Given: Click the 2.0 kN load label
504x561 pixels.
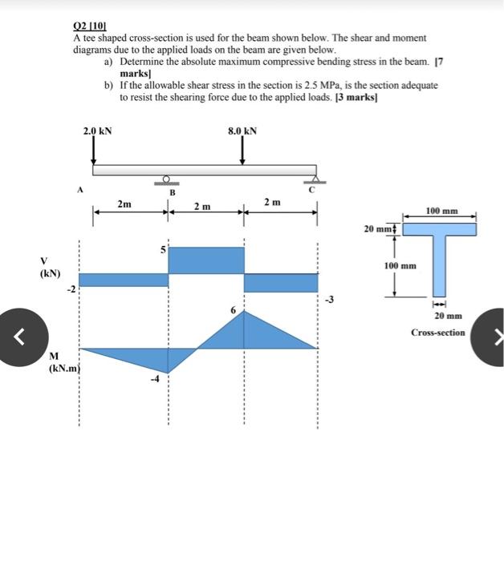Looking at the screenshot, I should pyautogui.click(x=97, y=130).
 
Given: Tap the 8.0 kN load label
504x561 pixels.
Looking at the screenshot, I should pyautogui.click(x=242, y=130).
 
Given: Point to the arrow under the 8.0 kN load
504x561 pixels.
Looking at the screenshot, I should pyautogui.click(x=242, y=150).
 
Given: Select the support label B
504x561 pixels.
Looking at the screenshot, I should pyautogui.click(x=171, y=192).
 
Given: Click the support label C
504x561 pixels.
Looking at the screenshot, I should pyautogui.click(x=315, y=191).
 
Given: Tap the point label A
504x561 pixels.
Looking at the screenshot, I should pyautogui.click(x=79, y=191).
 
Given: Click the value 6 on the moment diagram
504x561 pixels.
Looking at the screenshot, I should pyautogui.click(x=233, y=309).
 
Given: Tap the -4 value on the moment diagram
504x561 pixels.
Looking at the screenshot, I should pyautogui.click(x=158, y=379).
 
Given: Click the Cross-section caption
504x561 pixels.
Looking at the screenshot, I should pyautogui.click(x=437, y=332).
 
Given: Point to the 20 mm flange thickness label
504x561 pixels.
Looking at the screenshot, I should pyautogui.click(x=379, y=228).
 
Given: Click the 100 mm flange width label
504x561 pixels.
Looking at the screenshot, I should pyautogui.click(x=442, y=211).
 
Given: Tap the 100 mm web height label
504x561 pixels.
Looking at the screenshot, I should pyautogui.click(x=400, y=265).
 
